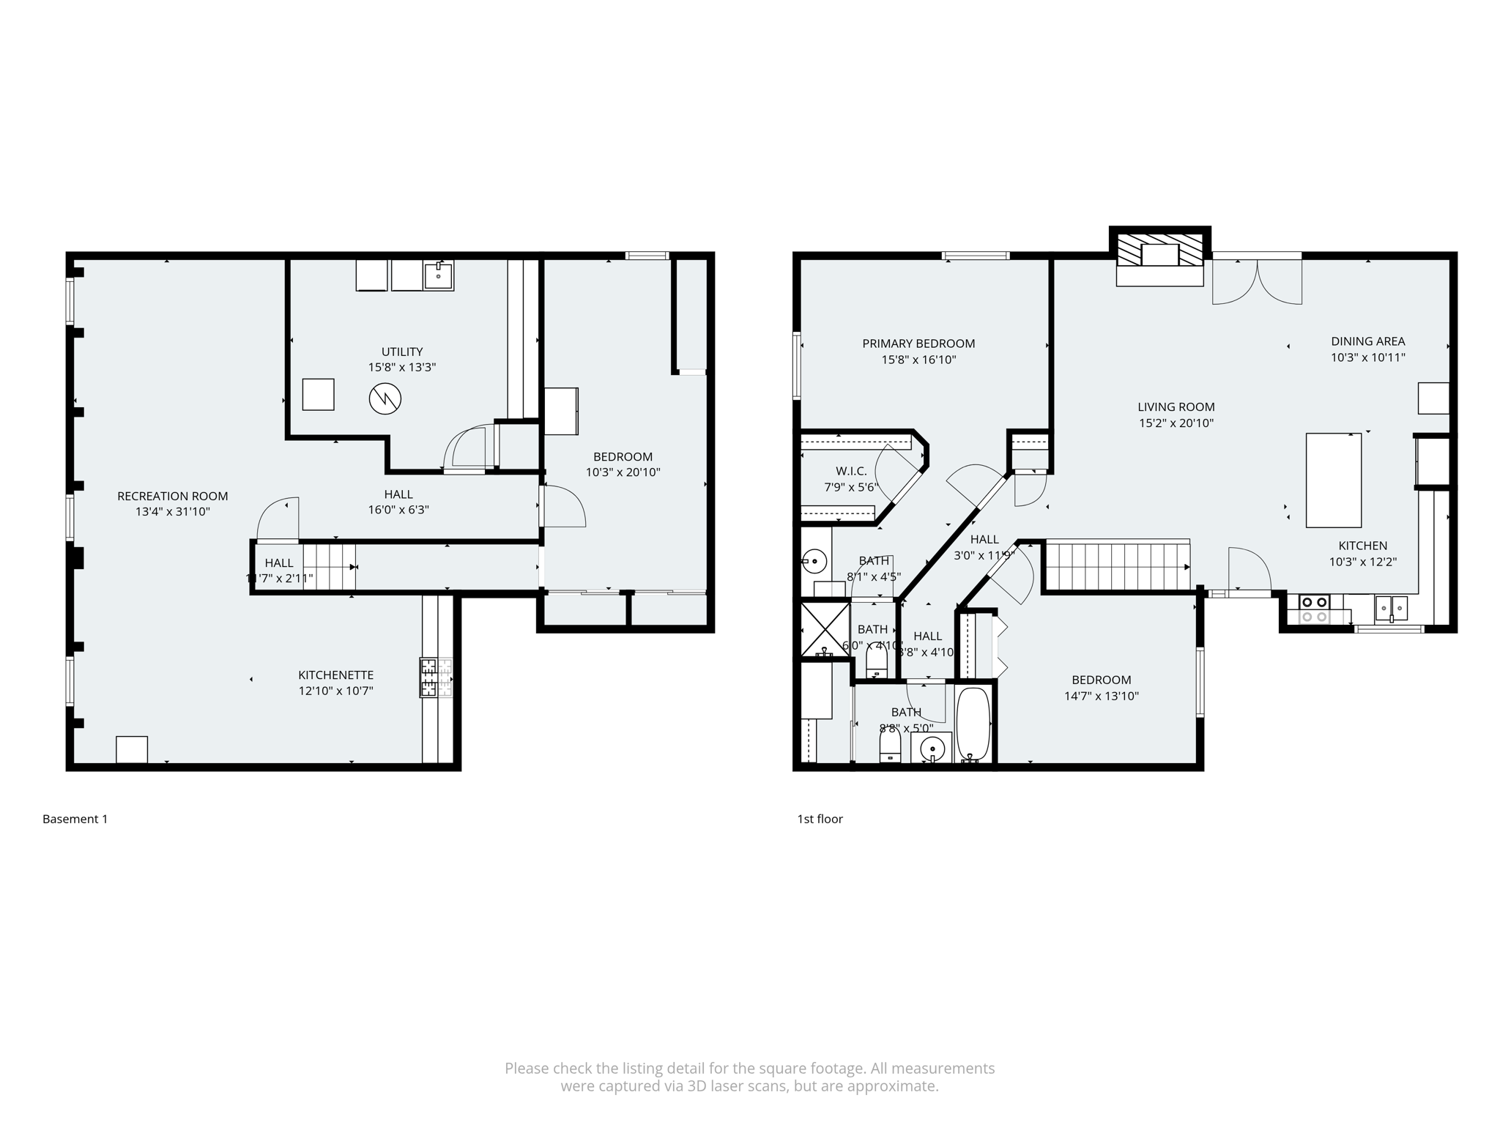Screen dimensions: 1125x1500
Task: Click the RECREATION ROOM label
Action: [x=172, y=496]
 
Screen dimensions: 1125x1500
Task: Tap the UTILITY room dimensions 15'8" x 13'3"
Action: [x=401, y=367]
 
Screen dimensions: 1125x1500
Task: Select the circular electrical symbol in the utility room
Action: [x=385, y=398]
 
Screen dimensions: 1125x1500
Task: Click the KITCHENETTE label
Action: [x=335, y=675]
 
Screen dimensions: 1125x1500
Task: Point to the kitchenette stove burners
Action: [x=436, y=677]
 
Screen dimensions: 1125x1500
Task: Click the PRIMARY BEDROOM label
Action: [x=918, y=344]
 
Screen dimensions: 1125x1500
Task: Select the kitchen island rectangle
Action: [x=1333, y=480]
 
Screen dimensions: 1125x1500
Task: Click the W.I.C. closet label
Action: [x=851, y=471]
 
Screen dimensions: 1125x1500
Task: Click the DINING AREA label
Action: [x=1367, y=341]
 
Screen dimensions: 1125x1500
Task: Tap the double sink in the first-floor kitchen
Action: [x=1391, y=608]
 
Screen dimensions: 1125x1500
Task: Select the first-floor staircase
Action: [x=1115, y=565]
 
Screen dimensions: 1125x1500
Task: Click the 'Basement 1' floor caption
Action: [x=75, y=819]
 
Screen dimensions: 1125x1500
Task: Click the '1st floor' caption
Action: [x=820, y=819]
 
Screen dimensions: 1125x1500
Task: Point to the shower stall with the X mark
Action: [x=825, y=628]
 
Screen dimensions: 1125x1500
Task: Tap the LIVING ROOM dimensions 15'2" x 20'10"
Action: [x=1176, y=423]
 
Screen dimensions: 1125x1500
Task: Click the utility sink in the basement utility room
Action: [x=438, y=275]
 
